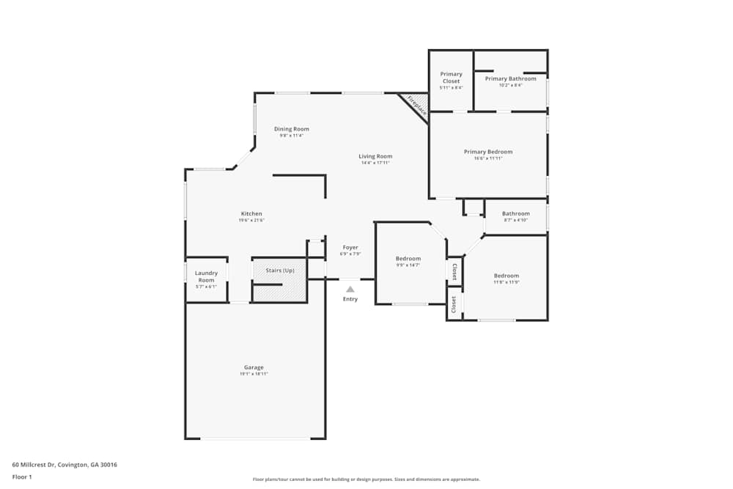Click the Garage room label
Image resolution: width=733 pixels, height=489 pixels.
coord(254,367)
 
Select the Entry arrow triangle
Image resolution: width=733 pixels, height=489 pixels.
coord(350,290)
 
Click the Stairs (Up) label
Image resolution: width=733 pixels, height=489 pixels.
coord(280,271)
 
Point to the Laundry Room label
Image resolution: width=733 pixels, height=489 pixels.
coord(206,276)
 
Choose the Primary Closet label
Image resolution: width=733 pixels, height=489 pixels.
coord(451,77)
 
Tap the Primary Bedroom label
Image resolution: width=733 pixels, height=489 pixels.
coord(488,152)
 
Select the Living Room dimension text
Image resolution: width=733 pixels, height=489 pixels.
coord(375,163)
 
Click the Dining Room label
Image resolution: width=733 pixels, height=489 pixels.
coord(291,129)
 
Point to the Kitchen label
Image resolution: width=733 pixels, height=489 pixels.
coord(251,214)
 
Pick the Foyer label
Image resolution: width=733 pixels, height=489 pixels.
coord(350,248)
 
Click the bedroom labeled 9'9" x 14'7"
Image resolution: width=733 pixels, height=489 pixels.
coord(408,259)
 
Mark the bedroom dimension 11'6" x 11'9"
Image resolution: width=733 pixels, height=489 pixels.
coord(506,282)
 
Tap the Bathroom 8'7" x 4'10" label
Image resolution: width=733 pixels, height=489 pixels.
coord(515,214)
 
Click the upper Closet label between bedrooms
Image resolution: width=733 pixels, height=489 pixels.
coord(454,271)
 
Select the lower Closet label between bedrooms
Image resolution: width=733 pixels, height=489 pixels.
coord(454,303)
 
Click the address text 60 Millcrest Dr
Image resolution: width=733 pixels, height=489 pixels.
coord(65,465)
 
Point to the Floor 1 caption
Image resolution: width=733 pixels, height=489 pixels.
coord(22,477)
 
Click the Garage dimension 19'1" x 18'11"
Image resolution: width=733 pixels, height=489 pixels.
coord(254,374)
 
